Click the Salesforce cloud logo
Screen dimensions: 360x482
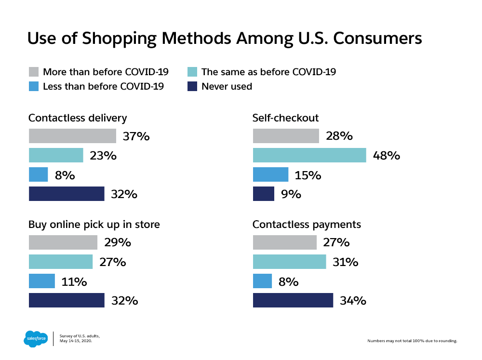tap(36, 339)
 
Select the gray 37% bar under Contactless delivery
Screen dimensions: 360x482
tap(72, 136)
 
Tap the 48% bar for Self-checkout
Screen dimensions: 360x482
tap(309, 155)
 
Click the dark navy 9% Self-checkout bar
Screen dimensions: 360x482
tap(264, 194)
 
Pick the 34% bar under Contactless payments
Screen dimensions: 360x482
tap(293, 300)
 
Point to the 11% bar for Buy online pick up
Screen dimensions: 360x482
tap(42, 281)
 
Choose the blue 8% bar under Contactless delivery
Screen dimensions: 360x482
tap(38, 174)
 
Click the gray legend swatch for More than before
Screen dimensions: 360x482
tap(34, 72)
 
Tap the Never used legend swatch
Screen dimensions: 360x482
tap(192, 87)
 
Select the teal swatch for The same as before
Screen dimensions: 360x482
tap(192, 72)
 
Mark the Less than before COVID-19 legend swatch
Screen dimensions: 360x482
tap(34, 87)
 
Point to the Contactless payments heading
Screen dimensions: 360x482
tap(307, 225)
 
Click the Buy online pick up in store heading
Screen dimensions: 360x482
tap(94, 225)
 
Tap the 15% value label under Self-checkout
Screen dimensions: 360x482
tap(308, 175)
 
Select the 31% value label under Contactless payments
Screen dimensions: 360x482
tap(346, 262)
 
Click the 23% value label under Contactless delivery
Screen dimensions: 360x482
tap(103, 156)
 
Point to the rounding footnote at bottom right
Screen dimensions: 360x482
tap(412, 341)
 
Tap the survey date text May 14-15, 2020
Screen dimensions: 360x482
tap(76, 341)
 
